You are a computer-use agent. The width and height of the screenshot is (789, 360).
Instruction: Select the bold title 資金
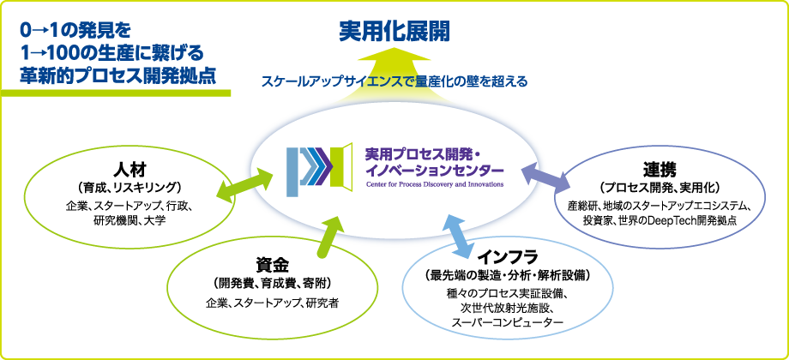(274, 263)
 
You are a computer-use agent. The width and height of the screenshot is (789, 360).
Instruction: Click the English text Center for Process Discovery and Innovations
(435, 183)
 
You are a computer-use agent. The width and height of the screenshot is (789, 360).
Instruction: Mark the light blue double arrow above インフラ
(459, 233)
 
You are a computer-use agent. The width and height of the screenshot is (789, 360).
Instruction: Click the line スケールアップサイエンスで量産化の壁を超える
(394, 82)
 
